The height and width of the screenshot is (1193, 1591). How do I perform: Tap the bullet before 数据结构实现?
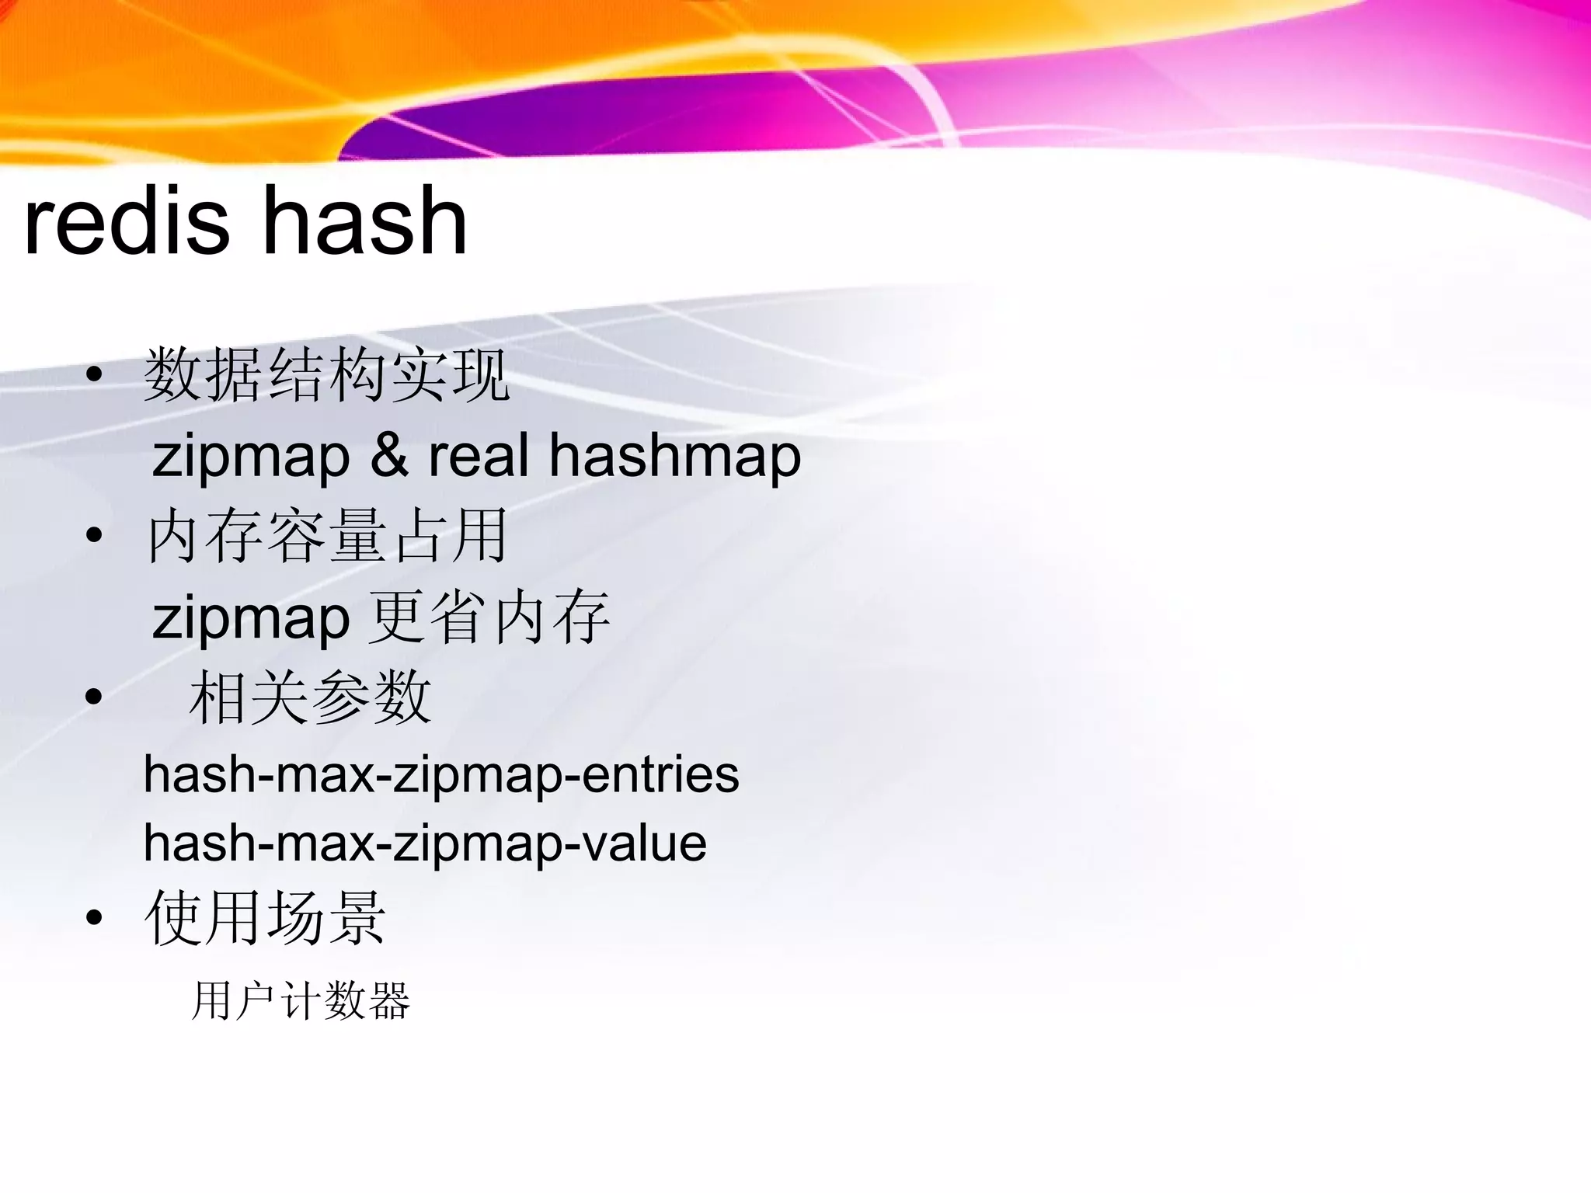[x=95, y=375]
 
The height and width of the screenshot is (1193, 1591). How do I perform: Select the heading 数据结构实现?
[x=326, y=375]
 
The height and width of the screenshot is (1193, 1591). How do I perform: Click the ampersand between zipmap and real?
[x=389, y=455]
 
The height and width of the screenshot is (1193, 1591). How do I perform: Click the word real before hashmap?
[x=478, y=455]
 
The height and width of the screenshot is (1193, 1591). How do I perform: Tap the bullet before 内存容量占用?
[x=95, y=535]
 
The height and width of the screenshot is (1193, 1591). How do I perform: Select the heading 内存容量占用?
[x=326, y=535]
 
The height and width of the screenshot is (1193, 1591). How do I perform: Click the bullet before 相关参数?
[x=95, y=697]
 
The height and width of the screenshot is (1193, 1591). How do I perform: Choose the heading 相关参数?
[x=310, y=697]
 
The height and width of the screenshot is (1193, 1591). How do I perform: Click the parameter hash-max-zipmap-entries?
[x=441, y=775]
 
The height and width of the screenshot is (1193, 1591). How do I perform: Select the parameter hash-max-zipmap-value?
[x=425, y=843]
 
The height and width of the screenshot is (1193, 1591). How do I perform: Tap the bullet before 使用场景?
[x=95, y=918]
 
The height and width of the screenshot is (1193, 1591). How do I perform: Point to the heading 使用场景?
[x=265, y=918]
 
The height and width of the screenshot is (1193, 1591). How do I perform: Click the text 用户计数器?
[x=301, y=1000]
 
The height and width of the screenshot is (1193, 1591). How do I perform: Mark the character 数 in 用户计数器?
[x=345, y=1000]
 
